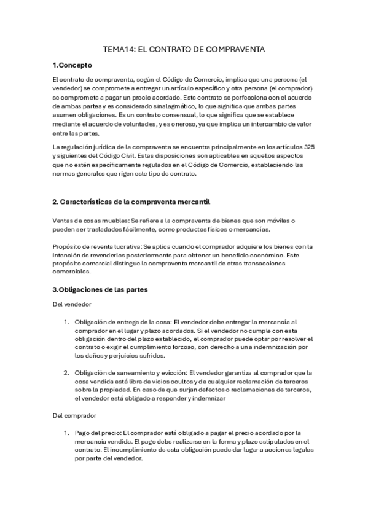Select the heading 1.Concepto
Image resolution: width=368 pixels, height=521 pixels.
point(72,65)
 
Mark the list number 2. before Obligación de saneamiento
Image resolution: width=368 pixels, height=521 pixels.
point(67,372)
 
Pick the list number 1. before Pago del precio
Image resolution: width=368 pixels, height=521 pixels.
point(67,433)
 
